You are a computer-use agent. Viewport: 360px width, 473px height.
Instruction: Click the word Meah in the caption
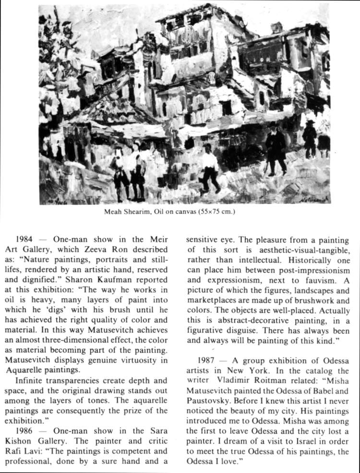pos(114,212)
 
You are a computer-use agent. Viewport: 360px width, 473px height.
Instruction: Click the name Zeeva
pos(122,249)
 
